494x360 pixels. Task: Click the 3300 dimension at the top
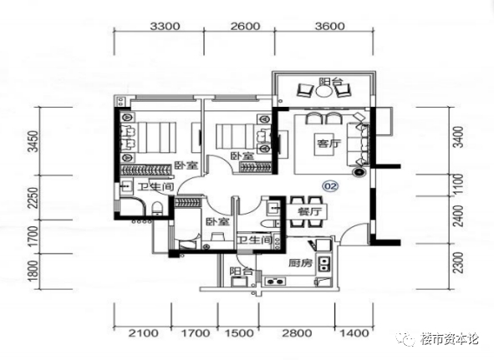165,26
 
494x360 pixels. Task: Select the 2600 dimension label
245,26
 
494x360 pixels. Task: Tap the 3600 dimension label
329,26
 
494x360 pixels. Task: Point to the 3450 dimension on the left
33,141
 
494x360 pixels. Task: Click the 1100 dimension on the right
460,185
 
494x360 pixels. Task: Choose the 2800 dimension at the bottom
297,333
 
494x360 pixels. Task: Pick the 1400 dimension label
354,333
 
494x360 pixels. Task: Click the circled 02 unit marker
330,186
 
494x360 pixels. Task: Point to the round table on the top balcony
323,92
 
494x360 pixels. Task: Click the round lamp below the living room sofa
359,172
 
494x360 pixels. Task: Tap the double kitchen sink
323,264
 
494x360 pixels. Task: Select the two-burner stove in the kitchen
275,281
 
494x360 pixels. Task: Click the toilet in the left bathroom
157,209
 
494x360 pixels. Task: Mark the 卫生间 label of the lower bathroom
255,241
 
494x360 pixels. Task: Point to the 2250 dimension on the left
33,197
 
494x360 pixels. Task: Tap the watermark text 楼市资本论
450,339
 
